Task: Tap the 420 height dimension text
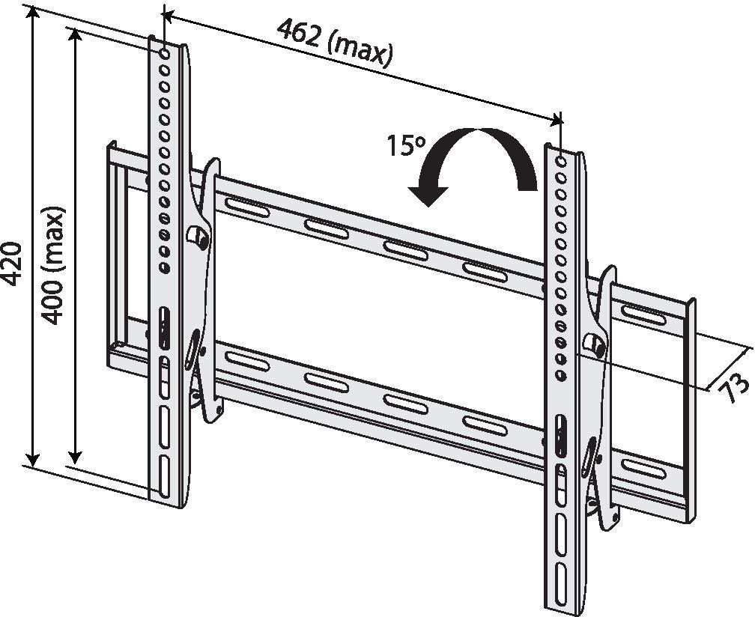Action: tap(13, 264)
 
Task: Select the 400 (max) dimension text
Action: tap(53, 266)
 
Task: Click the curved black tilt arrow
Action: tap(471, 164)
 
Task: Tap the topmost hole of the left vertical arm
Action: tap(164, 53)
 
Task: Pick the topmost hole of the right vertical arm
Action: tap(561, 160)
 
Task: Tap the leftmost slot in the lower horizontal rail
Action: tap(246, 361)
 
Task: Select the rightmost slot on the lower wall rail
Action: tap(643, 468)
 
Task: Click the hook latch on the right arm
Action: tap(595, 343)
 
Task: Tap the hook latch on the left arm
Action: tap(198, 236)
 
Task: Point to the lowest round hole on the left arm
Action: tap(164, 267)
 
